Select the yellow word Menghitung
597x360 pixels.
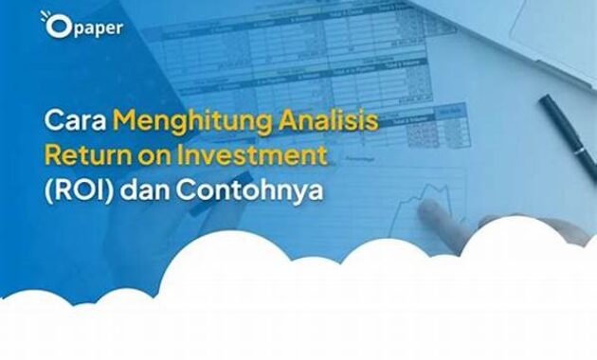pos(173,120)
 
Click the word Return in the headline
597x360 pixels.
pos(86,153)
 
